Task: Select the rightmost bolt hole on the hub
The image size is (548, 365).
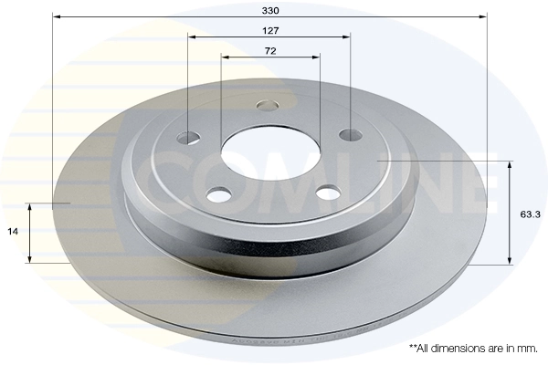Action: [351, 135]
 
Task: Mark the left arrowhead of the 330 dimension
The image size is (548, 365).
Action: [57, 16]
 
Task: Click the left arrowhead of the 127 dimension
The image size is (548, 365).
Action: [192, 37]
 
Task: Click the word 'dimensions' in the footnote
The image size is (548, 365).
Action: [458, 349]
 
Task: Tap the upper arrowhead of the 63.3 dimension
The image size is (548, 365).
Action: [510, 165]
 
